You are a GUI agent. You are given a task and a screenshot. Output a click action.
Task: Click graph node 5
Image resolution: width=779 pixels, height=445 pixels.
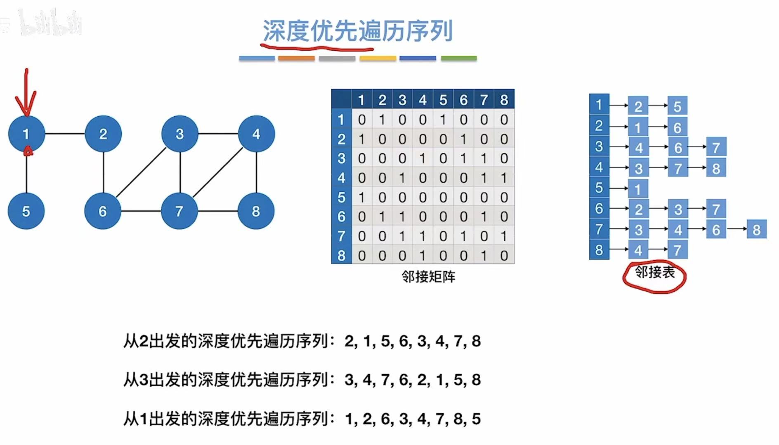[26, 211]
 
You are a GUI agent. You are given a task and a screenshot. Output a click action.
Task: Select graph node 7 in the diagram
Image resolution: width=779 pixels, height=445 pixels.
[179, 211]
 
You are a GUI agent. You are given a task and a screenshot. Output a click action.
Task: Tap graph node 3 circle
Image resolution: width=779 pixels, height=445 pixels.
[179, 134]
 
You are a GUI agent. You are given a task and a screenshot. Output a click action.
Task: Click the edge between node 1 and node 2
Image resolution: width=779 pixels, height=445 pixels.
[65, 134]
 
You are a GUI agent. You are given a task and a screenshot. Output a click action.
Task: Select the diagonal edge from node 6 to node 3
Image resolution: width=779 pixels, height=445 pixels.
[141, 172]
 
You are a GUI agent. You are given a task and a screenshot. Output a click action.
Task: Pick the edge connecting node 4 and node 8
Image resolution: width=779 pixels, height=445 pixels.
[256, 172]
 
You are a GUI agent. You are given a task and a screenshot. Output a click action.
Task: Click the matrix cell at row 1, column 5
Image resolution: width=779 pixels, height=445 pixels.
[443, 120]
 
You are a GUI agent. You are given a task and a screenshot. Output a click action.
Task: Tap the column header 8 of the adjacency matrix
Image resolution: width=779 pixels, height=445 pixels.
[504, 100]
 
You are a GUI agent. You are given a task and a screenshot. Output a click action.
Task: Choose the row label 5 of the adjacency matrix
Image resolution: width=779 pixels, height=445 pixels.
[341, 197]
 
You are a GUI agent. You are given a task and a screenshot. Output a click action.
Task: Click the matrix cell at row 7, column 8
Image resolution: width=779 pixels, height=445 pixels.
[504, 236]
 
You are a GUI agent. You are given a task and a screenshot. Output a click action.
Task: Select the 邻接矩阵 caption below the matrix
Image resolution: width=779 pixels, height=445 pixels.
[428, 276]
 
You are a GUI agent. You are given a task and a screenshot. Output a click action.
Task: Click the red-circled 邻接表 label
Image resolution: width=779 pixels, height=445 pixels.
[654, 273]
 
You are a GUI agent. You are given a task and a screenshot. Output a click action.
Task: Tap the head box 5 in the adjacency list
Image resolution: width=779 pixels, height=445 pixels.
[599, 188]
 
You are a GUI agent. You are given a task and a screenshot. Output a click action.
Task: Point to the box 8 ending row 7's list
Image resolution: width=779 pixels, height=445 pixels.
[756, 230]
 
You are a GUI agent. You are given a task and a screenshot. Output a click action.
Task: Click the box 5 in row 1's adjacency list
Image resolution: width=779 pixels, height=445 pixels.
[677, 106]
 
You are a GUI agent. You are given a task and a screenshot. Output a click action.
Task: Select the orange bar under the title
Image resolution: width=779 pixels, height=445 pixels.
[296, 59]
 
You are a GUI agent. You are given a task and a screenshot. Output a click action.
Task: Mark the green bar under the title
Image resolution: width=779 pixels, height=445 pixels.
[458, 59]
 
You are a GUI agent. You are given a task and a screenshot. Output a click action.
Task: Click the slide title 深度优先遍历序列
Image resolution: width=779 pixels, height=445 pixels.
[357, 31]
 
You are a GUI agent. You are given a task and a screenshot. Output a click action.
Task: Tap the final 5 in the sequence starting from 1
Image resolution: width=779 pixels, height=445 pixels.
[476, 419]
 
